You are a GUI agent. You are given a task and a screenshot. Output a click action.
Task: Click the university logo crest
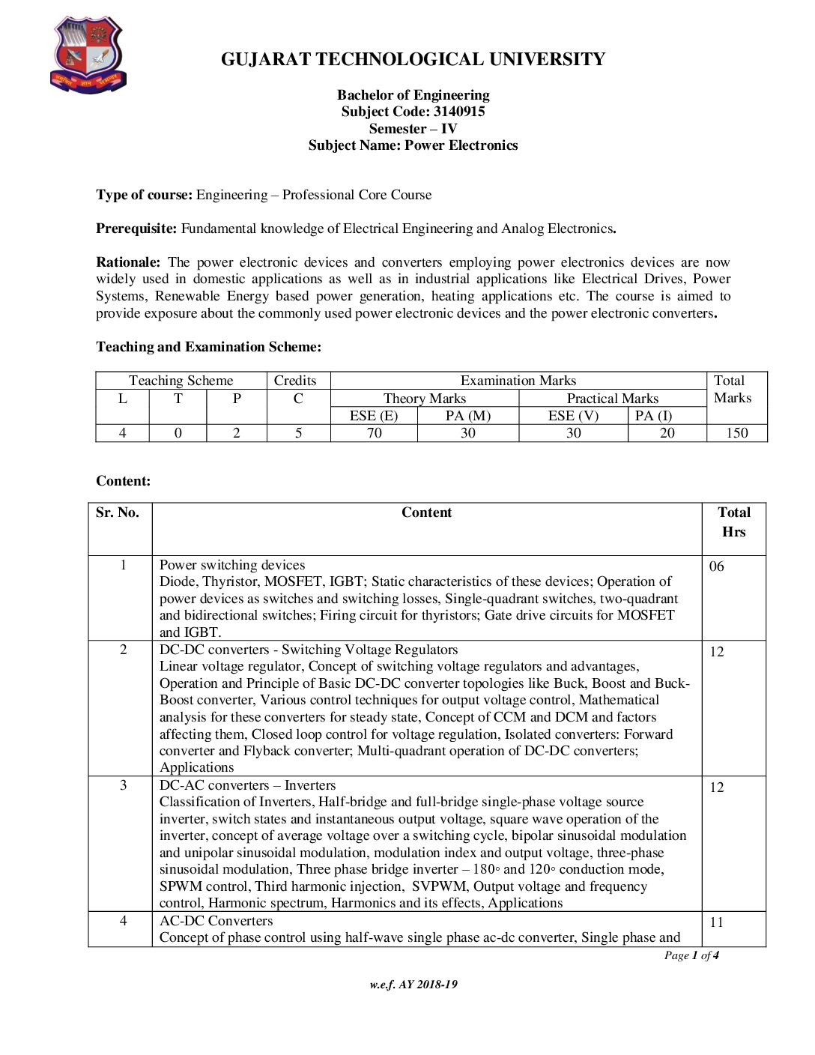(88, 55)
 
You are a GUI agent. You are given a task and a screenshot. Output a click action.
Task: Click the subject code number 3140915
(459, 112)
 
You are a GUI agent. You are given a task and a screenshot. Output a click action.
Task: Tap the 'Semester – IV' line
(413, 128)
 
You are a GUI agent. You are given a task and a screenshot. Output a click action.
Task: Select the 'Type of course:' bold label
(145, 195)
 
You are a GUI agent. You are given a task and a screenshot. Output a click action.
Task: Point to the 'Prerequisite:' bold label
(136, 229)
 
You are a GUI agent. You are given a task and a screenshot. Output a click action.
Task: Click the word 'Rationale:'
(128, 262)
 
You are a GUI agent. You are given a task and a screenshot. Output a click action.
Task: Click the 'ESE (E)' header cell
(374, 416)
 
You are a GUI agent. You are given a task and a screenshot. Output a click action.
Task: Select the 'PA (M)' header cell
(468, 416)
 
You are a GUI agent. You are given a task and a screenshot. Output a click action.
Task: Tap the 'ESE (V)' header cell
(573, 416)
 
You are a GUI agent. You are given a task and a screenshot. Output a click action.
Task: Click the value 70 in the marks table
(374, 433)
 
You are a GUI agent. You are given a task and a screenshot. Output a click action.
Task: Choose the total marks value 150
(736, 433)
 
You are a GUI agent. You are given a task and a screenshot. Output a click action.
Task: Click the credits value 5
(298, 433)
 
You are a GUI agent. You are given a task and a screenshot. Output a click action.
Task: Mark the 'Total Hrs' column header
(733, 522)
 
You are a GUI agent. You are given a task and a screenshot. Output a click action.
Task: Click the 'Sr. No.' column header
(118, 513)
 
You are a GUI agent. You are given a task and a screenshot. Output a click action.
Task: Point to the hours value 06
(717, 566)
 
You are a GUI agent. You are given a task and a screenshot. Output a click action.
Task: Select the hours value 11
(717, 922)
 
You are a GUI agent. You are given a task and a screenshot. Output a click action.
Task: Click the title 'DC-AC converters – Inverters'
(247, 785)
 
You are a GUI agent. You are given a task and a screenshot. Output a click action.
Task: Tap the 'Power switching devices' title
(232, 565)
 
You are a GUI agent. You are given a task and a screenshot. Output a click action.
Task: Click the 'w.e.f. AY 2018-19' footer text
(413, 985)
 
